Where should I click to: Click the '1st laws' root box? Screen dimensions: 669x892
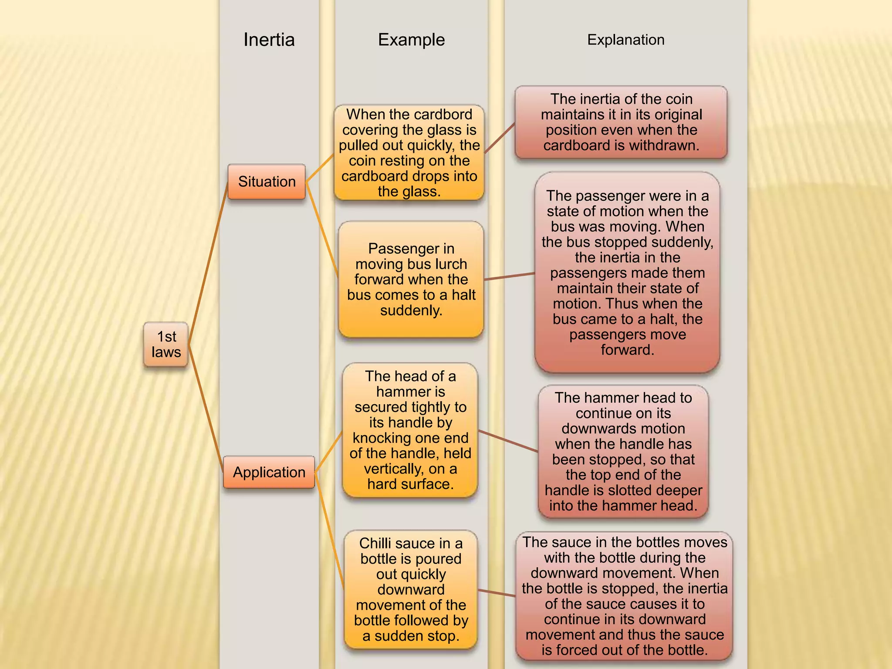coord(166,344)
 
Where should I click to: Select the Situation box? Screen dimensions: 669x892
coord(267,182)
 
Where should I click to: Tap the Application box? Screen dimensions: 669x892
coord(269,472)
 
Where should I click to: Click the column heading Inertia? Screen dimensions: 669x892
coord(269,40)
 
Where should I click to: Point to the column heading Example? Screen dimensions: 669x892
coord(411,40)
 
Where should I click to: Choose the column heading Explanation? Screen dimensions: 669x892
coord(625,40)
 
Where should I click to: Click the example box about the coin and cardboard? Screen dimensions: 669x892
coord(409,152)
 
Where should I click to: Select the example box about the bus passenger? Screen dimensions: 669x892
coord(411,279)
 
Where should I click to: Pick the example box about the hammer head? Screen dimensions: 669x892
coord(410,430)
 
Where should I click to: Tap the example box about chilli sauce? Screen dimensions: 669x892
coord(411,589)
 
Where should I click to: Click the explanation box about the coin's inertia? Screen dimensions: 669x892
coord(621,122)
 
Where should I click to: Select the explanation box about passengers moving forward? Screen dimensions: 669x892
coord(627,273)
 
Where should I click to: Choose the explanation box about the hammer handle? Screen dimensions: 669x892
coord(623,452)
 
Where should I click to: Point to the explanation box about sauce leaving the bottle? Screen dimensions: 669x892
coord(624,596)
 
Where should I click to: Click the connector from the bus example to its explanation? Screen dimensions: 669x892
coord(510,276)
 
